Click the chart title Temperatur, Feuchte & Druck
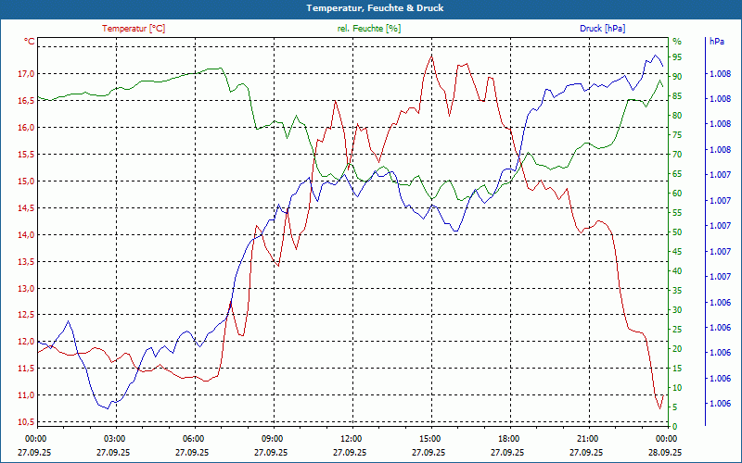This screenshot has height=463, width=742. (370, 8)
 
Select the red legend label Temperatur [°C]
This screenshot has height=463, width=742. (134, 29)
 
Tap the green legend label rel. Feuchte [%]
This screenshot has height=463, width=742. (369, 29)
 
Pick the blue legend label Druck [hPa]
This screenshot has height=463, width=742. (602, 29)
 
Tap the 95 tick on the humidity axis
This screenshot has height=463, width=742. (677, 56)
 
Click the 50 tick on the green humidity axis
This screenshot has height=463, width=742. (677, 231)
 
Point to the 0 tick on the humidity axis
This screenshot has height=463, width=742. (674, 426)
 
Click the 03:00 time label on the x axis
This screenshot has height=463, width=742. (114, 439)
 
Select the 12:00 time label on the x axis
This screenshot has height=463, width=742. (351, 439)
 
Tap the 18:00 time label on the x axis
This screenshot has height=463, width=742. (508, 439)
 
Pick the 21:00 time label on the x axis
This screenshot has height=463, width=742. (587, 439)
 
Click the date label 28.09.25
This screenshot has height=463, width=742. (665, 453)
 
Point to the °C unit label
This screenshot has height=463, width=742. (30, 42)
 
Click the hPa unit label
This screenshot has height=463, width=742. (717, 42)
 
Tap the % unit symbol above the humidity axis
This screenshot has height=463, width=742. (677, 42)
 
